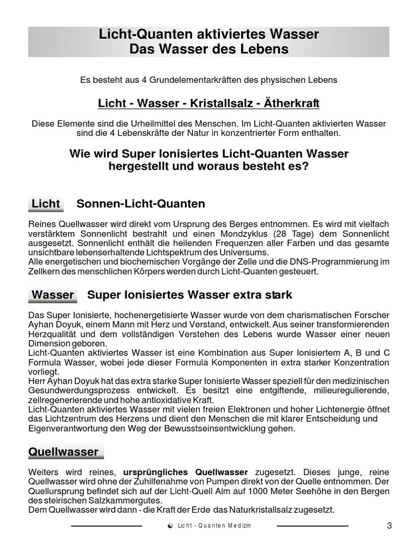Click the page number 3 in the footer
coord(389,526)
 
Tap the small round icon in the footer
coord(171,526)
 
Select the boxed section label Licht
coord(46,204)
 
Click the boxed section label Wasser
coord(52,295)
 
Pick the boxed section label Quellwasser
coord(63,452)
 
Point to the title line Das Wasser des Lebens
coord(209,50)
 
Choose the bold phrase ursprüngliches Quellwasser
coord(186,472)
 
